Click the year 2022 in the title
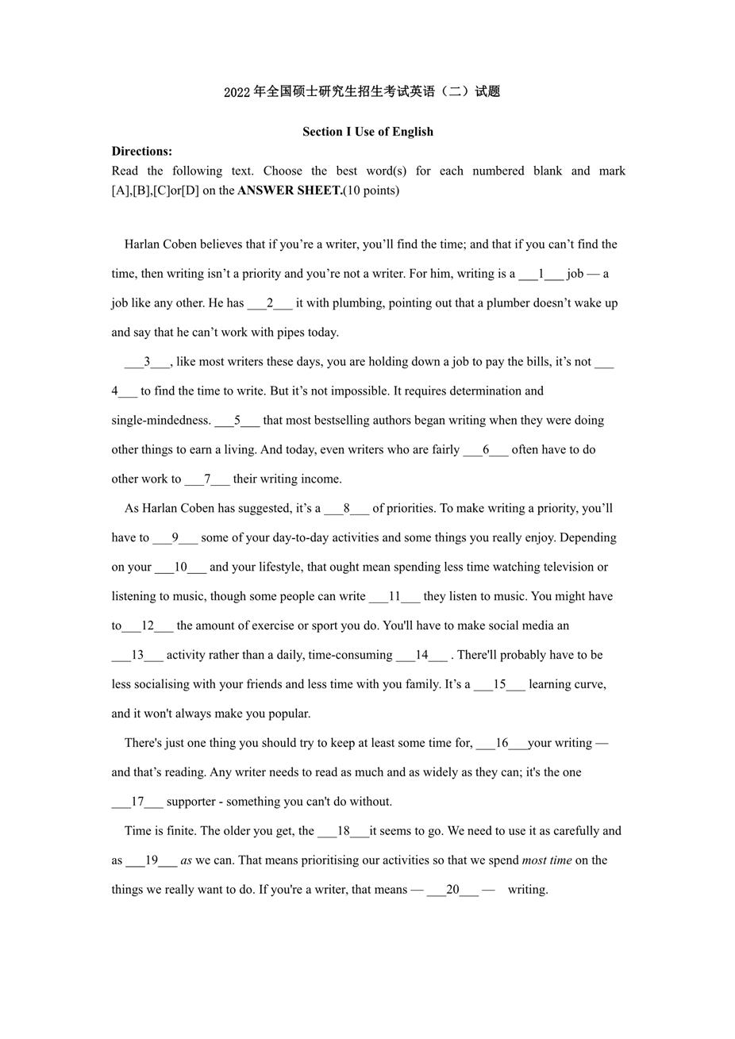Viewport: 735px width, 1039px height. pyautogui.click(x=237, y=92)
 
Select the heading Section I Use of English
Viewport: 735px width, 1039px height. pyautogui.click(x=367, y=132)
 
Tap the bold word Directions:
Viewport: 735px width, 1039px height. pyautogui.click(x=141, y=151)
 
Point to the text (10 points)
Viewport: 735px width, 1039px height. pyautogui.click(x=371, y=190)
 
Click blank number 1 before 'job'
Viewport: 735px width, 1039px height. pyautogui.click(x=541, y=274)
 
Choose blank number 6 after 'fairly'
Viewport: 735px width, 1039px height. pyautogui.click(x=486, y=450)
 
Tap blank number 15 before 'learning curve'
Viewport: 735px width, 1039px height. pyautogui.click(x=499, y=685)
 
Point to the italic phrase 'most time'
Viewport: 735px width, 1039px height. pyautogui.click(x=547, y=860)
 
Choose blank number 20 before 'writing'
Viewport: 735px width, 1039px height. pyautogui.click(x=452, y=890)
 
